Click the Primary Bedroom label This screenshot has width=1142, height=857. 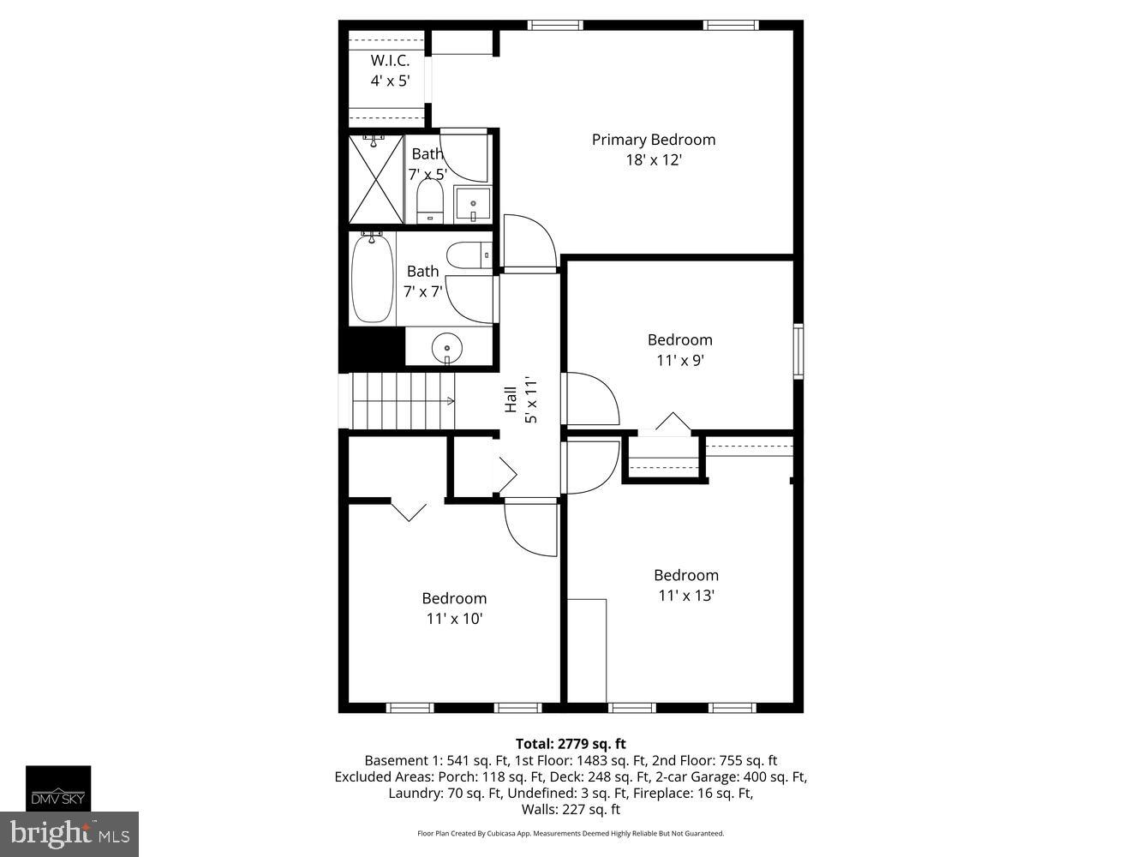tap(653, 140)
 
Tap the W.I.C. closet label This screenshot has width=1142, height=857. tap(390, 61)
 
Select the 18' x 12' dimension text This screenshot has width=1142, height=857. tap(653, 160)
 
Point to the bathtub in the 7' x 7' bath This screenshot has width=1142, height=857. tap(373, 279)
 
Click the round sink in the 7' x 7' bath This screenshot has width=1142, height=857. tap(446, 349)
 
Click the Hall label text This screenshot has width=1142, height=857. tap(511, 399)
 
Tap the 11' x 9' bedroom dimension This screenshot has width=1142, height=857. tap(679, 361)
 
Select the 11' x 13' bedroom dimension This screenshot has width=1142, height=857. tap(686, 596)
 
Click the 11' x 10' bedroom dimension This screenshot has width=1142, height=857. tap(454, 619)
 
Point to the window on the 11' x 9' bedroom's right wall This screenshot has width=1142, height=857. tap(798, 351)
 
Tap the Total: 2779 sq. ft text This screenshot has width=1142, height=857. tap(571, 744)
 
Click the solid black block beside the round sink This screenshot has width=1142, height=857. tap(373, 348)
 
